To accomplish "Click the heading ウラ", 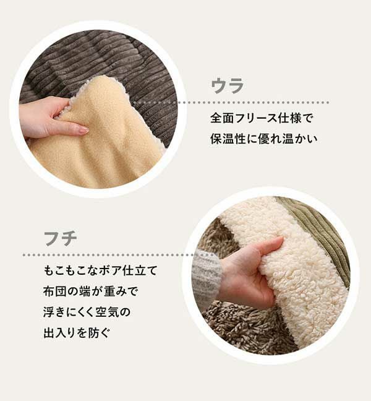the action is [227, 85].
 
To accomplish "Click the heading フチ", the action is [61, 238].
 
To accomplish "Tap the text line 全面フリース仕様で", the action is [262, 118].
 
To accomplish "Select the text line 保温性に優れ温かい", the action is [263, 139].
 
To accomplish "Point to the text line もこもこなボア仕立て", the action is [100, 270].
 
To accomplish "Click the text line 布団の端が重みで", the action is [90, 291].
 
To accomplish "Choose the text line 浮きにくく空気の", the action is [87, 312].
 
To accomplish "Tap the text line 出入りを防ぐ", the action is [77, 333].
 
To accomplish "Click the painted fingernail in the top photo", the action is [82, 131].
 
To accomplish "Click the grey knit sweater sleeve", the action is [205, 278].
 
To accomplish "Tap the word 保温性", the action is [228, 139].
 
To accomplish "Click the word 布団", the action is [55, 291].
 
